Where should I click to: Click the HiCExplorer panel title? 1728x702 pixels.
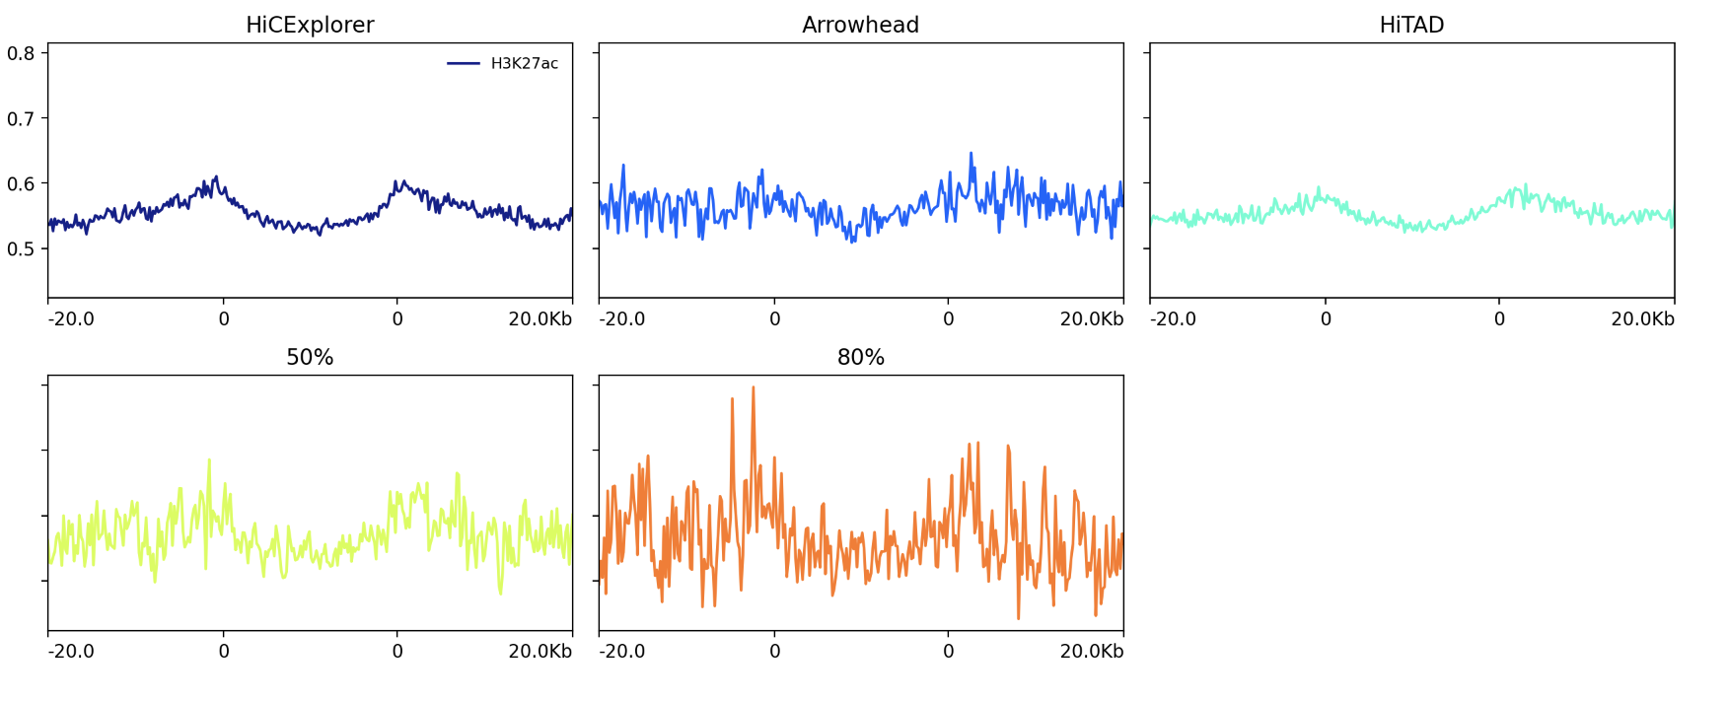click(x=310, y=25)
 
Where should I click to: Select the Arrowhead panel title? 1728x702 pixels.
click(x=860, y=25)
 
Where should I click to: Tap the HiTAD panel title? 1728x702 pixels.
click(x=1411, y=25)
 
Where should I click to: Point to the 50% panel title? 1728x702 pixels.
click(x=310, y=357)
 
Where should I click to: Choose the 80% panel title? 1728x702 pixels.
click(x=860, y=357)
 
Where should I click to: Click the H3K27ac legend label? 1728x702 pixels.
click(x=524, y=63)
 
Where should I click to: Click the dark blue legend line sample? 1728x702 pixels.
click(x=464, y=63)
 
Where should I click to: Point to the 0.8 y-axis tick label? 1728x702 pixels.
click(x=21, y=53)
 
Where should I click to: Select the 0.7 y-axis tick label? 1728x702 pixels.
click(x=21, y=118)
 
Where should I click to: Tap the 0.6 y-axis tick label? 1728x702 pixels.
click(x=21, y=183)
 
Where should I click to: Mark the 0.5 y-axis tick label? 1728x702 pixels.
click(x=21, y=248)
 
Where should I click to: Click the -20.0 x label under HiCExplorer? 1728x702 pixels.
click(x=71, y=318)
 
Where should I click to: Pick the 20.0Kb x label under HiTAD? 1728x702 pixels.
click(x=1642, y=318)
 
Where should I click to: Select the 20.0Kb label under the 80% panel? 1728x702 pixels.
click(x=1091, y=651)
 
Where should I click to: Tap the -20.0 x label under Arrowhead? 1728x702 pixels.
click(x=622, y=318)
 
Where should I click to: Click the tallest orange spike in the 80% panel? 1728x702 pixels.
click(x=754, y=387)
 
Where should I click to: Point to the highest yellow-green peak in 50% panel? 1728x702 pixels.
click(x=209, y=459)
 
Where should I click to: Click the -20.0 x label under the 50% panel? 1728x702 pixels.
click(x=71, y=651)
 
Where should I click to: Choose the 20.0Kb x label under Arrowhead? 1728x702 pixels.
click(x=1091, y=318)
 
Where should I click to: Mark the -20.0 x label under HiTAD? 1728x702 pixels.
click(x=1173, y=318)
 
